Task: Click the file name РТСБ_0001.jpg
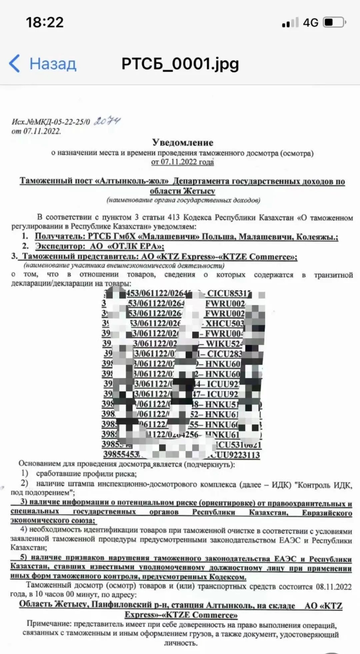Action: coord(180,63)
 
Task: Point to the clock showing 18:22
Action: coord(45,22)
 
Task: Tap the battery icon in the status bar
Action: coord(335,22)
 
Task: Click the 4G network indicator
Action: coord(310,22)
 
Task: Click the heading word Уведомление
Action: coord(183,142)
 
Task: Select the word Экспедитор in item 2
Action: coord(60,246)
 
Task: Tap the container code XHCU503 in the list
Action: coord(224,323)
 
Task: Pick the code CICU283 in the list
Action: coord(224,354)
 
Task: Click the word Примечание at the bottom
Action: coord(49,624)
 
